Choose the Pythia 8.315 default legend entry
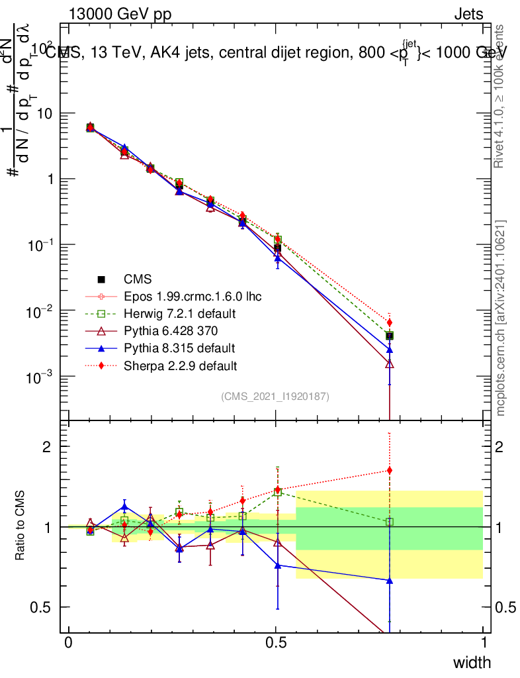tap(179, 348)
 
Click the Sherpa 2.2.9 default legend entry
tap(180, 365)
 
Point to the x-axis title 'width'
tap(472, 662)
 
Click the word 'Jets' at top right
tap(468, 15)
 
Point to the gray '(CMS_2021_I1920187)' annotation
tap(275, 396)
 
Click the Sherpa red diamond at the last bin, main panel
tap(390, 322)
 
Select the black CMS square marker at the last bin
tap(390, 336)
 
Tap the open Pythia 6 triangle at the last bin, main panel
tap(390, 363)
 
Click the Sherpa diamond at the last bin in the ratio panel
tap(390, 471)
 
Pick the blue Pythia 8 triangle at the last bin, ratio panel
tap(390, 581)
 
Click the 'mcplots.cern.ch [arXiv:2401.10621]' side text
tap(501, 318)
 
